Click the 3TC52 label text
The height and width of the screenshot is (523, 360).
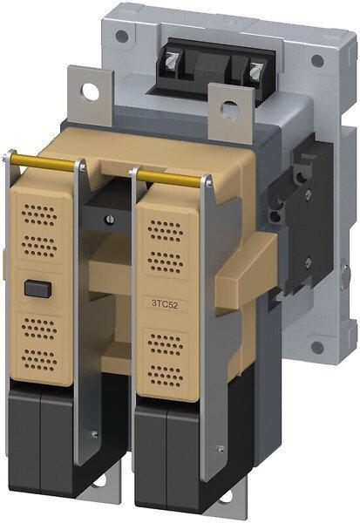coord(165,303)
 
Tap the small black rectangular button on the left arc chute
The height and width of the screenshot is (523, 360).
coord(38,289)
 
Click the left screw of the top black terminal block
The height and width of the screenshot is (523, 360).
coord(173,60)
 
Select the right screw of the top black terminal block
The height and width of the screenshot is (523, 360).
coord(256,71)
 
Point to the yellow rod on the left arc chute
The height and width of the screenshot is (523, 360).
coord(43,162)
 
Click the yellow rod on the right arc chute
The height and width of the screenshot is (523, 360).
coord(169,179)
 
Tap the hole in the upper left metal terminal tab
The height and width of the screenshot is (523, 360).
coord(91,92)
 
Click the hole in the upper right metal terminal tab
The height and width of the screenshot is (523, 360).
coord(230,109)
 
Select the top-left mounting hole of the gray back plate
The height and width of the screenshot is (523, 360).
coord(122,36)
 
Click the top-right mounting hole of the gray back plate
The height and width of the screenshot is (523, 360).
coord(317,61)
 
